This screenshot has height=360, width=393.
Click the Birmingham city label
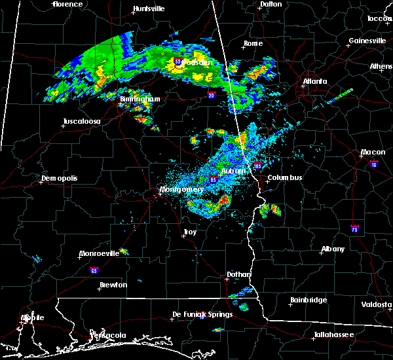pyautogui.click(x=140, y=99)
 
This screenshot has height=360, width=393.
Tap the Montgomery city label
pyautogui.click(x=181, y=190)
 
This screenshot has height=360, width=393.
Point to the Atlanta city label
pyautogui.click(x=315, y=82)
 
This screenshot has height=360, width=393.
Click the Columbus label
pyautogui.click(x=284, y=177)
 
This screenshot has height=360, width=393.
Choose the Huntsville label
pyautogui.click(x=148, y=9)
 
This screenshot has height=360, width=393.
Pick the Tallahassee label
pyautogui.click(x=332, y=334)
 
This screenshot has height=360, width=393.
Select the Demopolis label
pyautogui.click(x=60, y=178)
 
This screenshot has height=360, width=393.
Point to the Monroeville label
pyautogui.click(x=99, y=253)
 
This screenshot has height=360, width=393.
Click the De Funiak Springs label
pyautogui.click(x=202, y=314)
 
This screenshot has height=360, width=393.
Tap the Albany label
pyautogui.click(x=333, y=249)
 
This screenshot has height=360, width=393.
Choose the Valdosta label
pyautogui.click(x=377, y=304)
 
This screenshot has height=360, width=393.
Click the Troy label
pyautogui.click(x=189, y=232)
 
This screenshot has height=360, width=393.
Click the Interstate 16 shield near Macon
pyautogui.click(x=374, y=163)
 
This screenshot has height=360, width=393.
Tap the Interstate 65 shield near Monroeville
pyautogui.click(x=94, y=270)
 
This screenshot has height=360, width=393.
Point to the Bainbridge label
pyautogui.click(x=309, y=300)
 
